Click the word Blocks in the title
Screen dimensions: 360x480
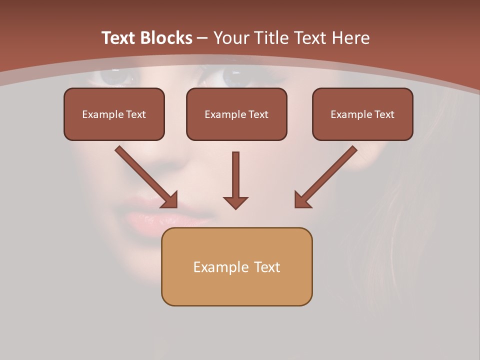[x=166, y=38]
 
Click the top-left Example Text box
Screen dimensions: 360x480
[x=114, y=114]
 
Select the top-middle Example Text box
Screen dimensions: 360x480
[x=236, y=114]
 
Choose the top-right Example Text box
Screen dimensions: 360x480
[x=362, y=114]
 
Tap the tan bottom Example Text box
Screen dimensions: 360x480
[x=236, y=266]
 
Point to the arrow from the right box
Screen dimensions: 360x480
[x=326, y=176]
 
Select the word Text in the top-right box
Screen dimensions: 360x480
[x=384, y=114]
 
